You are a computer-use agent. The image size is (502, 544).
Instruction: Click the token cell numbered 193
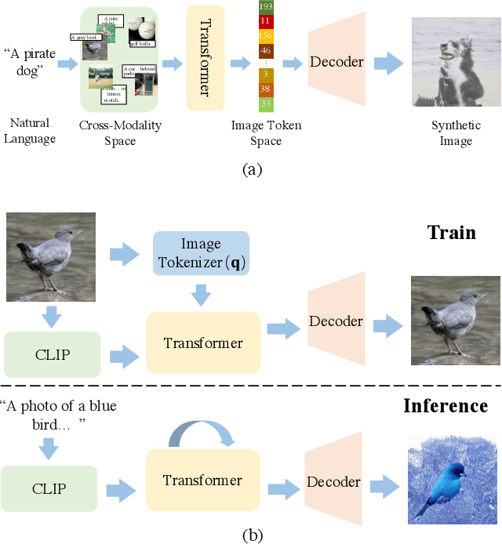click(x=265, y=5)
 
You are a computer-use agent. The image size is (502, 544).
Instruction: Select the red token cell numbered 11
click(x=265, y=21)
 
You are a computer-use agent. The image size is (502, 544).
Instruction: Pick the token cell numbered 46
click(x=265, y=49)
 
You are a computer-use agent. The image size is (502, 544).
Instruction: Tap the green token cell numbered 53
click(x=265, y=103)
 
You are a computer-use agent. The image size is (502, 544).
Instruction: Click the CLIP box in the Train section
click(x=53, y=354)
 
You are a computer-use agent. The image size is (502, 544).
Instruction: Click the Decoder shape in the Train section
click(x=336, y=321)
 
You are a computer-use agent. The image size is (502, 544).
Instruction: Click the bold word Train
click(x=452, y=233)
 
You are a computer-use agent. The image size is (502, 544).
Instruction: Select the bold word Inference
click(x=446, y=406)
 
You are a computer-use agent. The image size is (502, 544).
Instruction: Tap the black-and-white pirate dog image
click(x=456, y=62)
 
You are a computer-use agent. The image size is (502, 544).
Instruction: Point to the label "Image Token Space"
click(x=266, y=133)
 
